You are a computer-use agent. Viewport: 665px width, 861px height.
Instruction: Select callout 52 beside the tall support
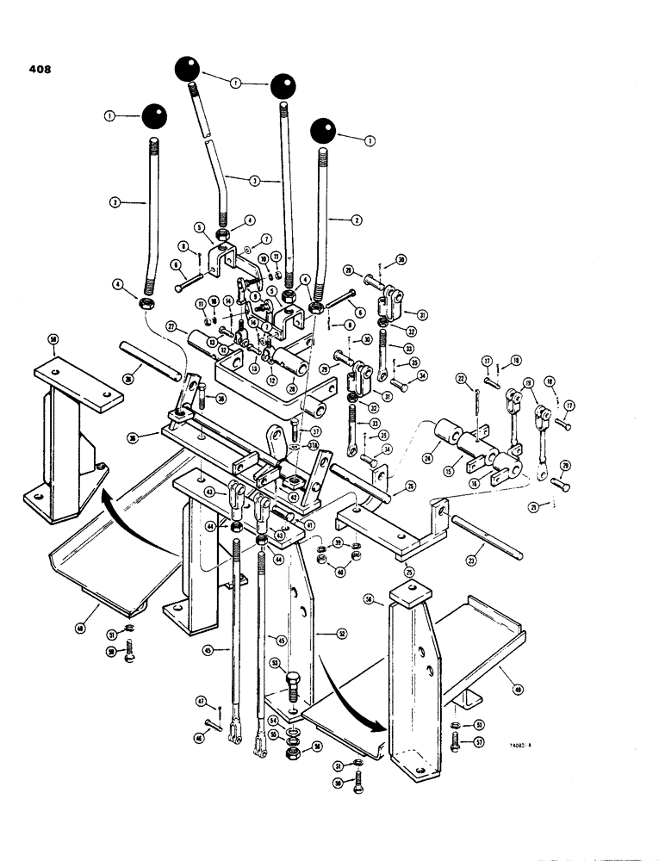tap(341, 635)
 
